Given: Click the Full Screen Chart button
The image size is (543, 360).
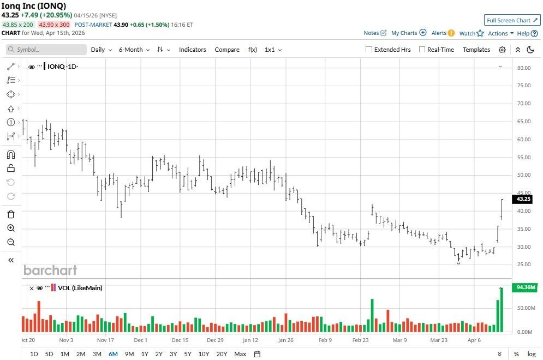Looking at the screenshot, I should click(512, 20).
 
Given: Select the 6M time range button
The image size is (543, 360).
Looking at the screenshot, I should click(113, 354).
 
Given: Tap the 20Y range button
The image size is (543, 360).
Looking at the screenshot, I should click(222, 354).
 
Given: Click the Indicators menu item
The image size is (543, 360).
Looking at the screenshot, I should click(193, 50).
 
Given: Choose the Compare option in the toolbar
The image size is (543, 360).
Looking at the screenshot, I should click(227, 50).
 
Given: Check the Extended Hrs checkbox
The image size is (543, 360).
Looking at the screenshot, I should click(369, 50).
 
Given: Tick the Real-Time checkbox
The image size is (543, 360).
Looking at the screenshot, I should click(422, 50).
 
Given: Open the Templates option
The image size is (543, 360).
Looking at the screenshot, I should click(476, 50).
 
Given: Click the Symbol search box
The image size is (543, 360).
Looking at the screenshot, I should click(46, 50).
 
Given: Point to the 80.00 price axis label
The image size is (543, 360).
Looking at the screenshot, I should click(524, 68).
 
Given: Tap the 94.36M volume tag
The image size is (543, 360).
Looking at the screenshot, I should click(525, 287).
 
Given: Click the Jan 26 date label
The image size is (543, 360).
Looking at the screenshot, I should click(286, 340).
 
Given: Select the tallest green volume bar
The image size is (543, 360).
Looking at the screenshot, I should click(502, 309).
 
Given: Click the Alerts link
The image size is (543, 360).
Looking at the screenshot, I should click(443, 33).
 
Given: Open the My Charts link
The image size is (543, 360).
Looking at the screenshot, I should click(408, 33).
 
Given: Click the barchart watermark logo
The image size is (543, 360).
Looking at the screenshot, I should click(50, 270).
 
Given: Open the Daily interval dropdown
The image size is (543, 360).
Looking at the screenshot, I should click(101, 50).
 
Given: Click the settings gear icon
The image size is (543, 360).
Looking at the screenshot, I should click(502, 50).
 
